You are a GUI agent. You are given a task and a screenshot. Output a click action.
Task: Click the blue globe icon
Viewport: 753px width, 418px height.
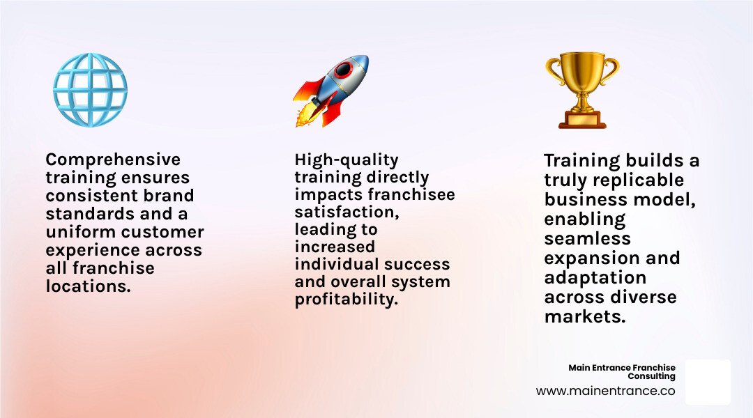coord(90,90)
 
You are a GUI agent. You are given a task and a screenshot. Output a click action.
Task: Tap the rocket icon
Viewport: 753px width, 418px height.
coord(330,91)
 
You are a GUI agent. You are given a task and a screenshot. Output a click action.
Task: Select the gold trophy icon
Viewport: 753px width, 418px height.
coord(581,91)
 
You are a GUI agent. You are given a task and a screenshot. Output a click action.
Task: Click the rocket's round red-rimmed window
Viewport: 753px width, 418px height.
coord(342,70)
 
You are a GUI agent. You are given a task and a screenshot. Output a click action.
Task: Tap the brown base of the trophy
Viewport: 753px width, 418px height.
coord(581,121)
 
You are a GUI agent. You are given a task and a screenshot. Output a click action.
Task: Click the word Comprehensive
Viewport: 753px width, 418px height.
coord(113,160)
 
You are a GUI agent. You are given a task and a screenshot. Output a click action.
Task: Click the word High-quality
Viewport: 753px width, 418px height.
coord(347,160)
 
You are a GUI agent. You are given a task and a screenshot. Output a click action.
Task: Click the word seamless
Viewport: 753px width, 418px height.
coord(588,238)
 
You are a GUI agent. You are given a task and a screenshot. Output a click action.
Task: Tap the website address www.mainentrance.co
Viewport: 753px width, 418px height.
coord(605,391)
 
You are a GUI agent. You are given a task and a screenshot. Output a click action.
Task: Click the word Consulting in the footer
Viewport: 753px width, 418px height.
coord(651,376)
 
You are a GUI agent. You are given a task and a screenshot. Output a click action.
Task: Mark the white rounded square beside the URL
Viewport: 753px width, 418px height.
coord(707,382)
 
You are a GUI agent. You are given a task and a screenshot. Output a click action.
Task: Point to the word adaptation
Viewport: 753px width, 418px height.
coord(595,277)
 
